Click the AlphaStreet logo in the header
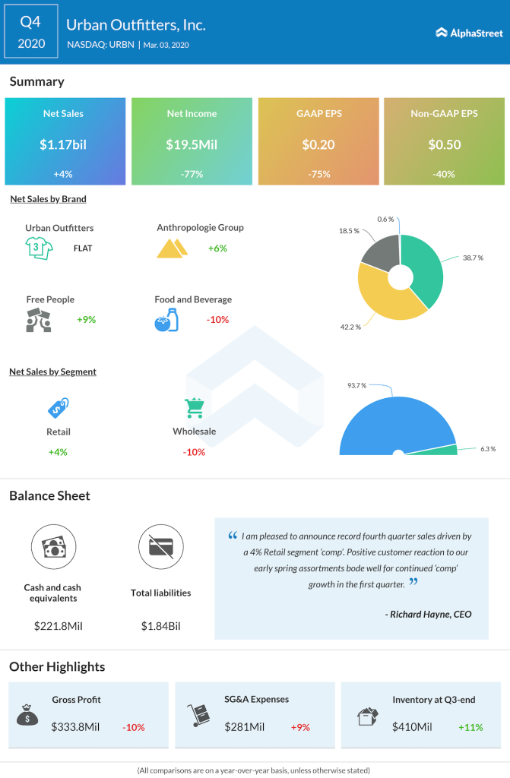click(x=466, y=33)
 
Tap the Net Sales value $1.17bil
click(x=63, y=144)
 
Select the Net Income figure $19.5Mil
click(x=192, y=144)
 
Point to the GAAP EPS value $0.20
click(x=318, y=144)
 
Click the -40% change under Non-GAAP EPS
click(x=444, y=174)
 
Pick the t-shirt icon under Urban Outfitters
click(x=37, y=247)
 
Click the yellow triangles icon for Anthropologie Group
click(x=173, y=248)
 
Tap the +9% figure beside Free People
click(x=86, y=320)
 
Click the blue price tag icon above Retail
click(x=58, y=407)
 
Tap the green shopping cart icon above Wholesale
click(x=194, y=408)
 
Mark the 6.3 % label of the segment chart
click(x=489, y=449)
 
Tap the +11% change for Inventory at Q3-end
click(x=471, y=727)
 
